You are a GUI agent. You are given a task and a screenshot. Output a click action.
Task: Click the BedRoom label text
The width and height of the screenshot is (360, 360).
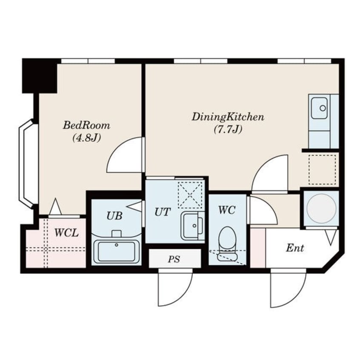(86, 126)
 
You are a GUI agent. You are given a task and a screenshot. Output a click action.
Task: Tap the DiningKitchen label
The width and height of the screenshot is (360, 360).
(228, 117)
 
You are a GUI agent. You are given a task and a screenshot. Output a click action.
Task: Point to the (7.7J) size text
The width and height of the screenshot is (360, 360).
(228, 130)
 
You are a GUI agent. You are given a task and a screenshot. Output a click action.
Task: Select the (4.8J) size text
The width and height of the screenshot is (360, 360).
(86, 138)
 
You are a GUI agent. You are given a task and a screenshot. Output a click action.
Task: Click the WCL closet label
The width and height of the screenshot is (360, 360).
(66, 233)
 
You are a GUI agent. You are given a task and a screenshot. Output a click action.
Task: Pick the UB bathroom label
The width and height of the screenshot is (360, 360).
(114, 216)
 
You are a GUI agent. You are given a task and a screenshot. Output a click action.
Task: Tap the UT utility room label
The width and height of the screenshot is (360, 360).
(163, 212)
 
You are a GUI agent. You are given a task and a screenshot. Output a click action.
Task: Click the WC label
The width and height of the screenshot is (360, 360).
(227, 210)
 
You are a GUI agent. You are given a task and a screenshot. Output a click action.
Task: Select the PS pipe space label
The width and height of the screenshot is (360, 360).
(174, 259)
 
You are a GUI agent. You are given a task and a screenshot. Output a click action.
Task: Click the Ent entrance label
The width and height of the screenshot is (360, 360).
(295, 248)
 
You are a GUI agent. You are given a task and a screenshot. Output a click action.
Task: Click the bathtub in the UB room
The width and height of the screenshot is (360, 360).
(117, 251)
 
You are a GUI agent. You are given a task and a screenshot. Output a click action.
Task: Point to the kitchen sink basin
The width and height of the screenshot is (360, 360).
(319, 108)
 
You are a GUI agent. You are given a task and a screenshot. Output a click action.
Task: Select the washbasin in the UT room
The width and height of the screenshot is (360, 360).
(192, 226)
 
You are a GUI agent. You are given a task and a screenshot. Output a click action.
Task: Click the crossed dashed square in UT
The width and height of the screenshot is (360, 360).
(191, 195)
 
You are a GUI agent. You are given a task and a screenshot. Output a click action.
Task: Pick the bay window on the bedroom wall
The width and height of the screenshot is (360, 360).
(28, 164)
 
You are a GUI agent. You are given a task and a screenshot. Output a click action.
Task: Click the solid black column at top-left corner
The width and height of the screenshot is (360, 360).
(40, 76)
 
